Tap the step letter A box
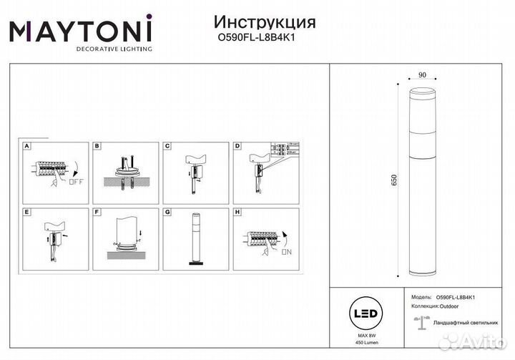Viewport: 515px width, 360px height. tap(27, 146)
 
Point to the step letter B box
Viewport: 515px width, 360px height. tap(98, 146)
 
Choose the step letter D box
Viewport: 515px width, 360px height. tap(238, 146)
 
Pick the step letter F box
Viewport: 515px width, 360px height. tap(98, 213)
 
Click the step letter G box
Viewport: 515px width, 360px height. tap(168, 213)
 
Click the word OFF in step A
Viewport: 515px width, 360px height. tap(77, 182)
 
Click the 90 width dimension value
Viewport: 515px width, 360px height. tap(422, 73)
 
